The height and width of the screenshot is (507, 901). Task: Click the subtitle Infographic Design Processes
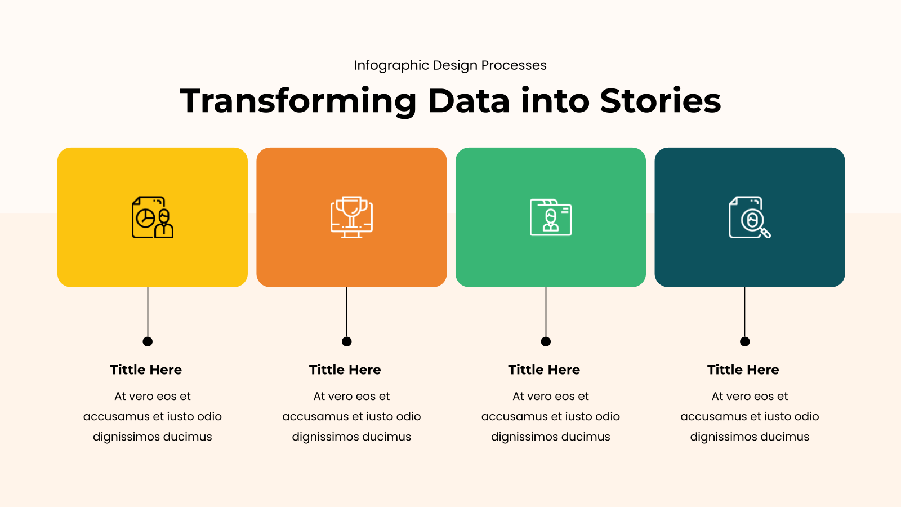[450, 65]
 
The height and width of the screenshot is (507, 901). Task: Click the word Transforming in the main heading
[298, 101]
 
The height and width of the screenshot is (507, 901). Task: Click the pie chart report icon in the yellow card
[153, 217]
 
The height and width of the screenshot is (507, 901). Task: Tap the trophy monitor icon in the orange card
[351, 217]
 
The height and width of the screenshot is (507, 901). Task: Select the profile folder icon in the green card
[551, 217]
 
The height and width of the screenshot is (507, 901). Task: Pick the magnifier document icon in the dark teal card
[750, 217]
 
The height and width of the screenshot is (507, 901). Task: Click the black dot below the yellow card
[148, 341]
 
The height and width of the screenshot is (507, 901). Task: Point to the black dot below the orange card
[347, 341]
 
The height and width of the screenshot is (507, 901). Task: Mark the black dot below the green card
[546, 341]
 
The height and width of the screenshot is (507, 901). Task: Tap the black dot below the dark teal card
[745, 341]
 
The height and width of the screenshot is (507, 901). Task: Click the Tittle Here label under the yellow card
[146, 370]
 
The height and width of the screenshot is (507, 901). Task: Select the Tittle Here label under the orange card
[345, 370]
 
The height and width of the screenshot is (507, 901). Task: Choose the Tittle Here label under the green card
[544, 370]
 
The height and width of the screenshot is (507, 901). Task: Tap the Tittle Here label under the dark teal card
[743, 370]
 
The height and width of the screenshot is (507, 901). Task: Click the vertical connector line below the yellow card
[148, 312]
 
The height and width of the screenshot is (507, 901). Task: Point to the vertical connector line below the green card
[546, 312]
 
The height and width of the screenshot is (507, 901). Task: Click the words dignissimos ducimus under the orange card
[351, 437]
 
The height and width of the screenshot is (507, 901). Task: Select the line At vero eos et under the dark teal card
[750, 397]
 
